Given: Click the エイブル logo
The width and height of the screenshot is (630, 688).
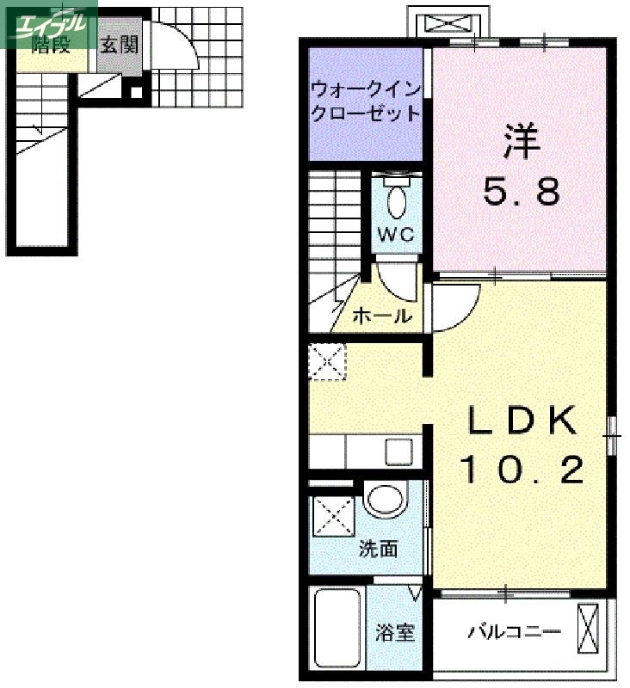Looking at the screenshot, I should pyautogui.click(x=49, y=24).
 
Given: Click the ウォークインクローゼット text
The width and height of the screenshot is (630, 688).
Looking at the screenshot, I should pyautogui.click(x=366, y=101).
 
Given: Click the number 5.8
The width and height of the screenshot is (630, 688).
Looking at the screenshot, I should pyautogui.click(x=522, y=193).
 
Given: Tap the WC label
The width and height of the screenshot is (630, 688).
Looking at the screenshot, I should pyautogui.click(x=396, y=234).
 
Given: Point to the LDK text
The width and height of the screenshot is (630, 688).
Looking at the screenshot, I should pyautogui.click(x=522, y=421).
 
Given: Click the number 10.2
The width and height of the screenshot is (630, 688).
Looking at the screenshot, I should pyautogui.click(x=522, y=470).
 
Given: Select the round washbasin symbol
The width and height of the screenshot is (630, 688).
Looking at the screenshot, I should pyautogui.click(x=385, y=500).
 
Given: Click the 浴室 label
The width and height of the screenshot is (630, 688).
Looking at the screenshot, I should pyautogui.click(x=395, y=634).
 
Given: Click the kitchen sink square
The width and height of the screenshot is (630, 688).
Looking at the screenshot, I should pyautogui.click(x=398, y=450).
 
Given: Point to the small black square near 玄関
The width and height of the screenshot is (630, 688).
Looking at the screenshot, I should pyautogui.click(x=135, y=93).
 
